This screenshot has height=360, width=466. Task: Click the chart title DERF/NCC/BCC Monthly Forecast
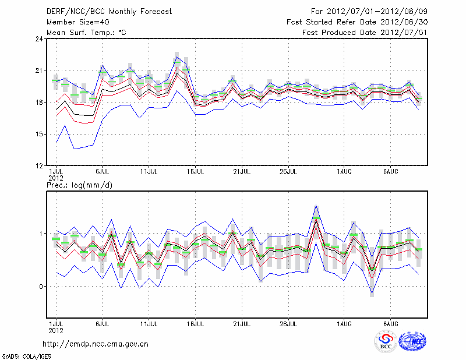coord(103,11)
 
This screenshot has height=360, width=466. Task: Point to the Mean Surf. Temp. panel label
coord(86,32)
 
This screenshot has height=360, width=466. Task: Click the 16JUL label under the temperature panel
coord(196,172)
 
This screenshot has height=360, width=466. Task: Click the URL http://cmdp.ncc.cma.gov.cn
coord(96,344)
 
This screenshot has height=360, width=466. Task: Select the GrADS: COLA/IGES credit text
coord(24,355)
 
